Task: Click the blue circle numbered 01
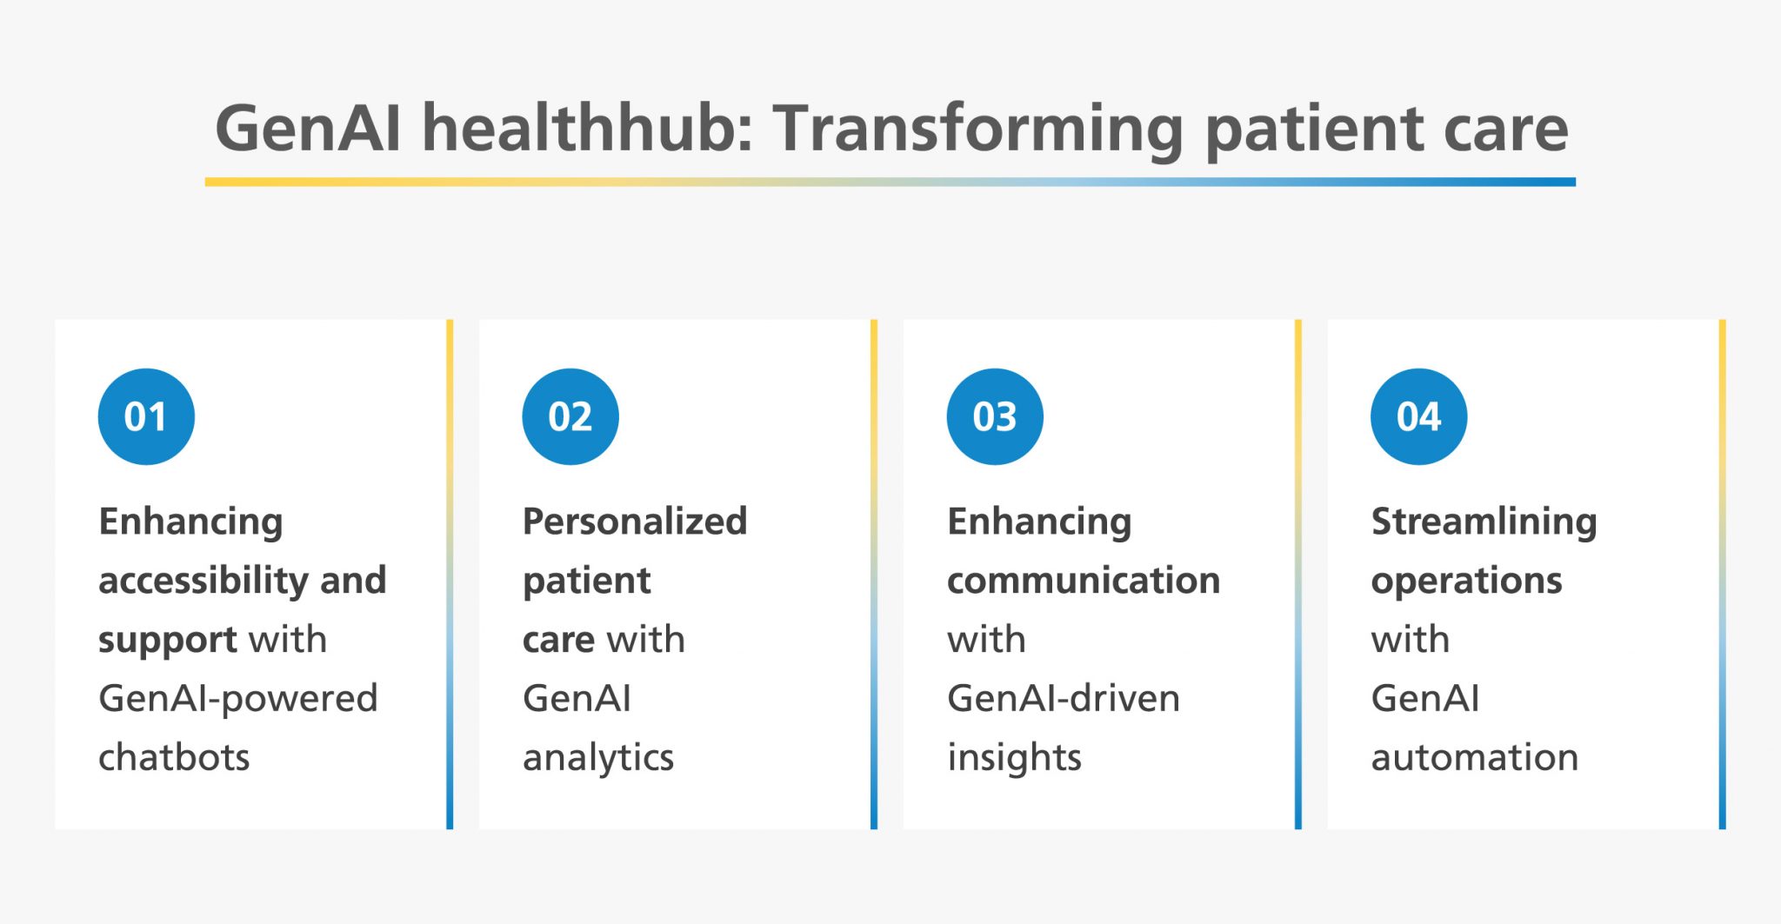click(x=146, y=416)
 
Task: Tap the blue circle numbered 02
click(x=570, y=416)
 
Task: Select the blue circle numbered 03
click(x=995, y=416)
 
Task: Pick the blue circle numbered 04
click(x=1419, y=416)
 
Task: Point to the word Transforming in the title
click(x=978, y=128)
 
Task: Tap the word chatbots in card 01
click(x=174, y=757)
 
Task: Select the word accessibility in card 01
click(x=203, y=580)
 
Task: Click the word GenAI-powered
click(x=238, y=698)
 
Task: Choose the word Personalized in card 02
click(x=635, y=522)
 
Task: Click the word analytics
click(x=598, y=757)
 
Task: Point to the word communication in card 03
click(x=1084, y=580)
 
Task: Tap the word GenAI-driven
click(x=1064, y=698)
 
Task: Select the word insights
click(x=1014, y=757)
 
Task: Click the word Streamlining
click(x=1484, y=522)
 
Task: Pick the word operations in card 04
click(x=1466, y=580)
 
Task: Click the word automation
click(x=1475, y=757)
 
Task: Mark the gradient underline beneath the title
click(x=890, y=182)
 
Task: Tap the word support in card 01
click(x=168, y=641)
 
